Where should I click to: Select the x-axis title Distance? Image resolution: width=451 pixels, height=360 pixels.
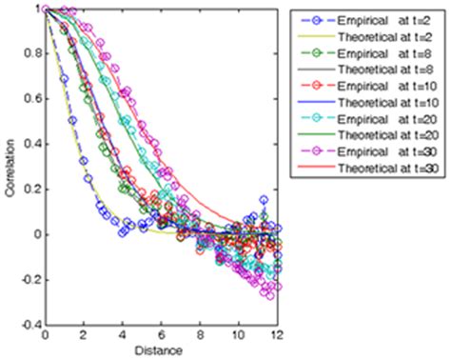point(162,351)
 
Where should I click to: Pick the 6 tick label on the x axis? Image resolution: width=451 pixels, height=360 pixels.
point(163,336)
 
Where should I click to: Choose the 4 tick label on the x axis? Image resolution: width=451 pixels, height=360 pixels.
point(124,336)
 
